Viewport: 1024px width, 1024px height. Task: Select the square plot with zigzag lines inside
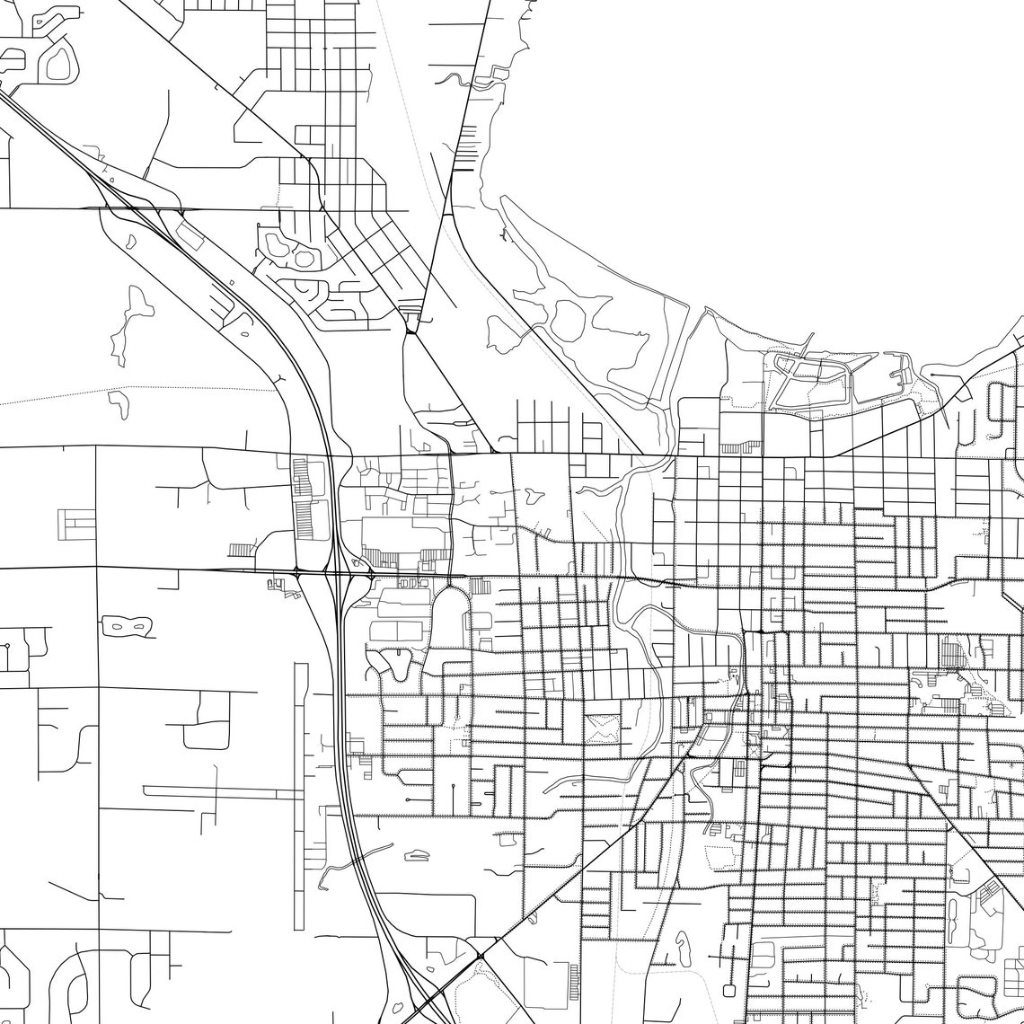pos(604,726)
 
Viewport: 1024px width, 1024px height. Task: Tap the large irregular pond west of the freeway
pos(128,325)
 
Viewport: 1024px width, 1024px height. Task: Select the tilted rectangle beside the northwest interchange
pos(190,236)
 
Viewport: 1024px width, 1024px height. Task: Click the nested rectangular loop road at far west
pos(76,524)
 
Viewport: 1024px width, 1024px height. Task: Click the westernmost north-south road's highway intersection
pos(96,569)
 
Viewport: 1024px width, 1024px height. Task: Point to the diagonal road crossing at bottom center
pos(481,955)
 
